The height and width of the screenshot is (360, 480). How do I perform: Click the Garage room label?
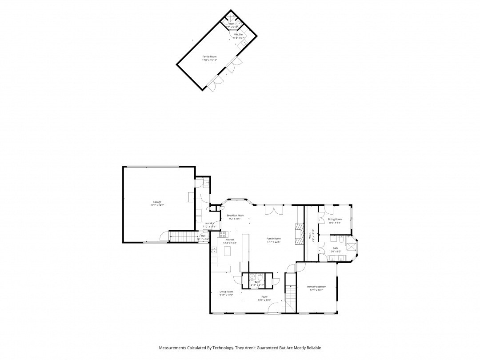158,202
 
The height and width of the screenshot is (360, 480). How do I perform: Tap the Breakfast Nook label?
235,215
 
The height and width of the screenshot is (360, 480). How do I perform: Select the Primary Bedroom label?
316,287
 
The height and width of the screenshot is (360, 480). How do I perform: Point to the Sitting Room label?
335,219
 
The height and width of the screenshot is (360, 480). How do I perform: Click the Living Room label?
226,292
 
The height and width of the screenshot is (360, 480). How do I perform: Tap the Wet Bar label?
239,34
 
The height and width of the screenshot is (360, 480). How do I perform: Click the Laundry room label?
209,223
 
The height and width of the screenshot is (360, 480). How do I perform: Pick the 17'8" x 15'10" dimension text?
209,60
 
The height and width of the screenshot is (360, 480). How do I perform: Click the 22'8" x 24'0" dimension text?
158,205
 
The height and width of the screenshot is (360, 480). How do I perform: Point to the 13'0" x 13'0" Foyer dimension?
264,300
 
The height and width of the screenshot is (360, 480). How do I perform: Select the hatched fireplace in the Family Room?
297,233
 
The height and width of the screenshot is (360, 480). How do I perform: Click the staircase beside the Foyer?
290,293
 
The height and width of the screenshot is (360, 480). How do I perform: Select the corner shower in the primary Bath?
353,245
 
